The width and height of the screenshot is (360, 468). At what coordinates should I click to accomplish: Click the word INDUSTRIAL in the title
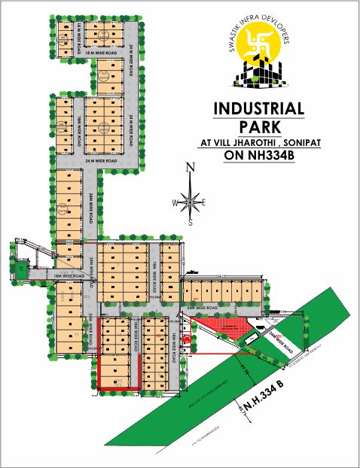tap(258, 108)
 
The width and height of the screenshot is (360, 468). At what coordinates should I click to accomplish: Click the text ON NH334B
tap(258, 157)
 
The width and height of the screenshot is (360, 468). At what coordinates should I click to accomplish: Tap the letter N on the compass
tap(191, 168)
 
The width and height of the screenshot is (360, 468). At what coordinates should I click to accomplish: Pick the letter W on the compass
tap(175, 202)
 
